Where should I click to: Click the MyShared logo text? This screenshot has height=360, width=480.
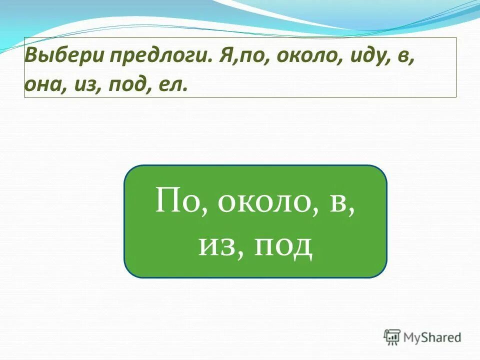pos(432,337)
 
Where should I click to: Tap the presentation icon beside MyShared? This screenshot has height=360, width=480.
pos(392,336)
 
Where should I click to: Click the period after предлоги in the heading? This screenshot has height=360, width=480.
pos(211,61)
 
